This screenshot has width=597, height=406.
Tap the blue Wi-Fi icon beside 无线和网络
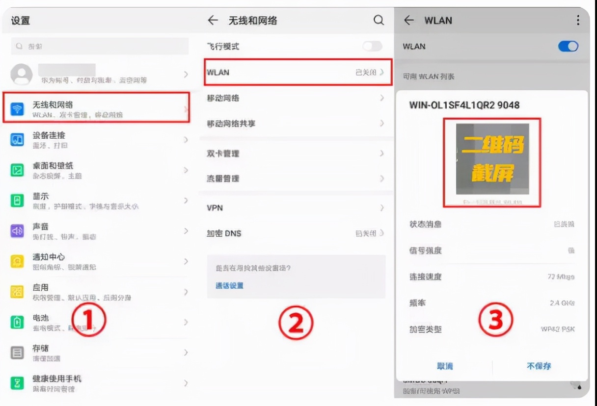(17, 109)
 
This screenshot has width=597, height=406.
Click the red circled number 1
(89, 320)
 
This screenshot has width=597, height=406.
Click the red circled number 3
(496, 320)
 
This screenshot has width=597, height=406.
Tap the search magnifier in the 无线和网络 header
(379, 20)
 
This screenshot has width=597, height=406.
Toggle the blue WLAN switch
(568, 47)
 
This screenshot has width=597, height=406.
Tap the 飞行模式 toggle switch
(372, 47)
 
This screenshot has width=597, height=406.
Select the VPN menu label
(215, 208)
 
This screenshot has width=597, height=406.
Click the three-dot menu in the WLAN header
(578, 20)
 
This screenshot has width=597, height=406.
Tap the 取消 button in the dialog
(445, 366)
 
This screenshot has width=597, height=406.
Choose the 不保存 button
(539, 366)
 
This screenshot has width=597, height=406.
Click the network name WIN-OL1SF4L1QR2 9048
(464, 105)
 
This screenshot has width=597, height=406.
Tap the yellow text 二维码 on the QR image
(492, 145)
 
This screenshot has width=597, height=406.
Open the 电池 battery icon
(17, 322)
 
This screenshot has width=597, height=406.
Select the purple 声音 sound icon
(17, 231)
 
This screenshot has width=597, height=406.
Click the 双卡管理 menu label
(223, 153)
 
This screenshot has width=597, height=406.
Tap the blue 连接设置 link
(229, 285)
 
